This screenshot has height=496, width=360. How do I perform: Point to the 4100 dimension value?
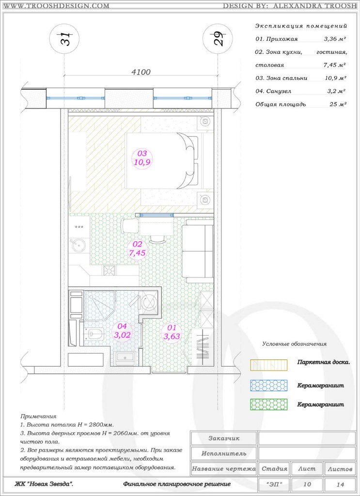pos(141,72)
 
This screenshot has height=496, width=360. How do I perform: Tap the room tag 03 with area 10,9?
pos(142,158)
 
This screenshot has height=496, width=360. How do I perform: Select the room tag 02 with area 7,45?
pos(137,248)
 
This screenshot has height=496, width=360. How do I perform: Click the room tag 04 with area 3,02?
pos(122,331)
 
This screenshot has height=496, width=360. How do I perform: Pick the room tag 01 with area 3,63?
pos(172,332)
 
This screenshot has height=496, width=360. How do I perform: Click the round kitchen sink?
pos(78,246)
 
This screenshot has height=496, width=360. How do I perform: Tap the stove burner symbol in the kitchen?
pos(109,270)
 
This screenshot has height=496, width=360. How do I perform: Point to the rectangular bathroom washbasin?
pos(125,358)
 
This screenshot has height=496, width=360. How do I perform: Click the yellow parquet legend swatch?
pos(268,365)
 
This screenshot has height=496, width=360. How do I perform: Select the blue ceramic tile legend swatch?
pos(268,386)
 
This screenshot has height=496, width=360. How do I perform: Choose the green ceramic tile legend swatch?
pos(268,404)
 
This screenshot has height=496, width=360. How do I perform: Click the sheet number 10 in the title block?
pos(307,484)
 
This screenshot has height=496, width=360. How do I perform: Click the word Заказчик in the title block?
pos(224,438)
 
